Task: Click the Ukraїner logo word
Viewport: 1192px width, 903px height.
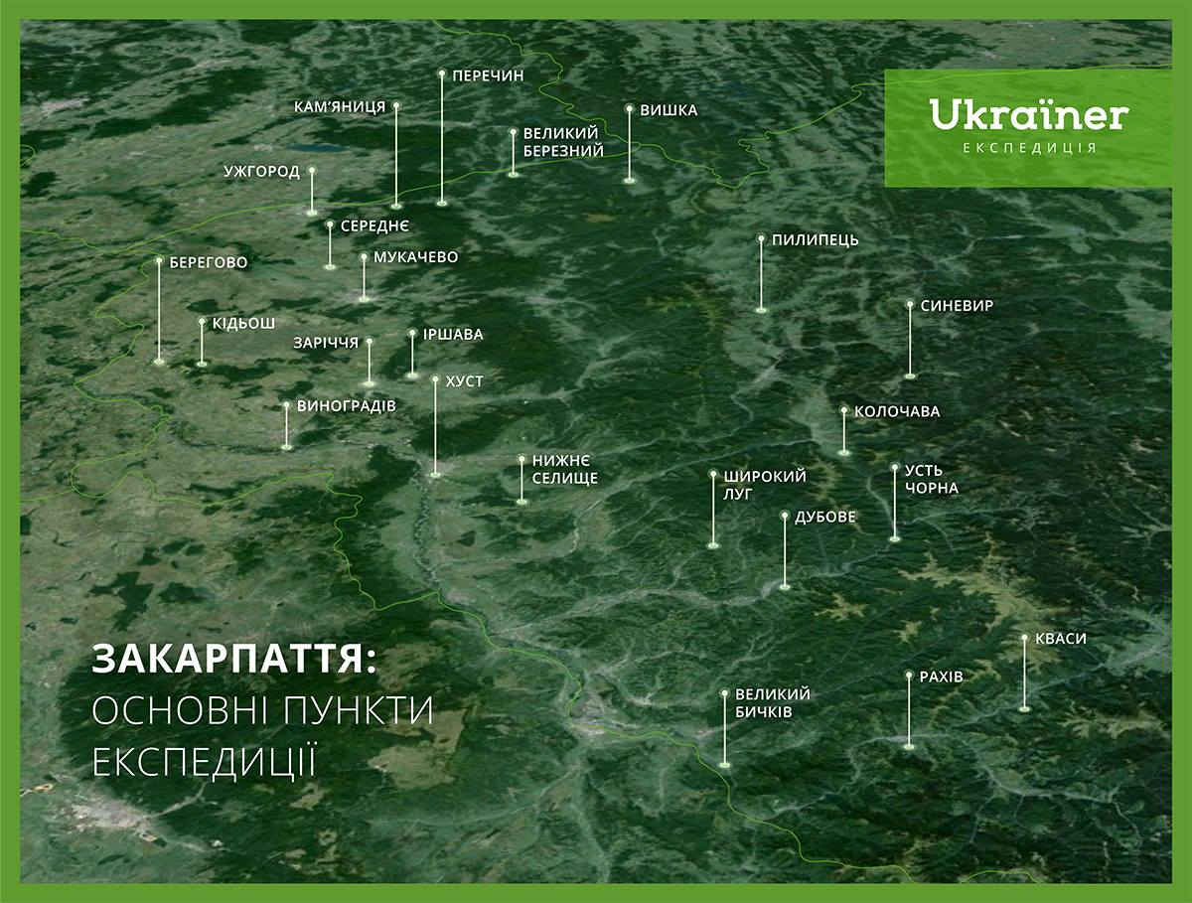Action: point(1028,114)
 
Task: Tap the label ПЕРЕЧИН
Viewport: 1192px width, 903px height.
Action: point(488,76)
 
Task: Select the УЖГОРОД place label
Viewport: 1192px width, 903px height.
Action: point(262,172)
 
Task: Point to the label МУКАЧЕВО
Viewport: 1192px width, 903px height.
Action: point(416,257)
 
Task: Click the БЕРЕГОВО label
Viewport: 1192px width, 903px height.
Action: point(209,263)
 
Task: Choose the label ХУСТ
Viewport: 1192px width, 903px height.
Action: point(464,381)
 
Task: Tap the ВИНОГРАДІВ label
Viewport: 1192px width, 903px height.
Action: point(347,406)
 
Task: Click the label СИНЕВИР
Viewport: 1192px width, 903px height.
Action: point(957,306)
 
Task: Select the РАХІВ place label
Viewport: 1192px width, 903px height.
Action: point(941,677)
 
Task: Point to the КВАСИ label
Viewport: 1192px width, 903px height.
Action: point(1061,639)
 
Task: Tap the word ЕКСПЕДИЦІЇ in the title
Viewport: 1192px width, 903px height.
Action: point(205,761)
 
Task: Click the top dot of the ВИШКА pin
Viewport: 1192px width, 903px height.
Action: point(630,108)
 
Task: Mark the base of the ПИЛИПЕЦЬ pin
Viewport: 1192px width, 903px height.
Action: point(761,310)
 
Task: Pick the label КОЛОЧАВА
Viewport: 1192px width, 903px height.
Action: point(897,411)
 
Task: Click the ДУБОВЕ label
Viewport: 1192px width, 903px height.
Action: point(824,517)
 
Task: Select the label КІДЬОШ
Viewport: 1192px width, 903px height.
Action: point(243,324)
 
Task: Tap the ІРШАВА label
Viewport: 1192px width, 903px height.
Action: point(453,335)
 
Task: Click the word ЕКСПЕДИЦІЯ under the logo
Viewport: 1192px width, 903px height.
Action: point(1030,148)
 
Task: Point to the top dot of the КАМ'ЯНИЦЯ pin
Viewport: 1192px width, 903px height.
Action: point(396,104)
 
